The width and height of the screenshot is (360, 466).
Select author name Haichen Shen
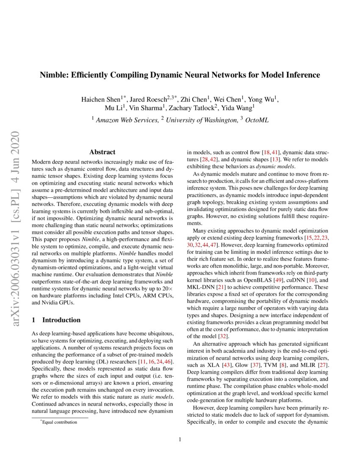click(x=99, y=100)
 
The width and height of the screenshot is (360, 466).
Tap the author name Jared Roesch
click(x=146, y=100)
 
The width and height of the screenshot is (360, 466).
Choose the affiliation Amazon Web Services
click(x=128, y=120)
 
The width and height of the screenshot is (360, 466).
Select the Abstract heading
click(x=102, y=152)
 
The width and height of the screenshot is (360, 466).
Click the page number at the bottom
click(x=180, y=439)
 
